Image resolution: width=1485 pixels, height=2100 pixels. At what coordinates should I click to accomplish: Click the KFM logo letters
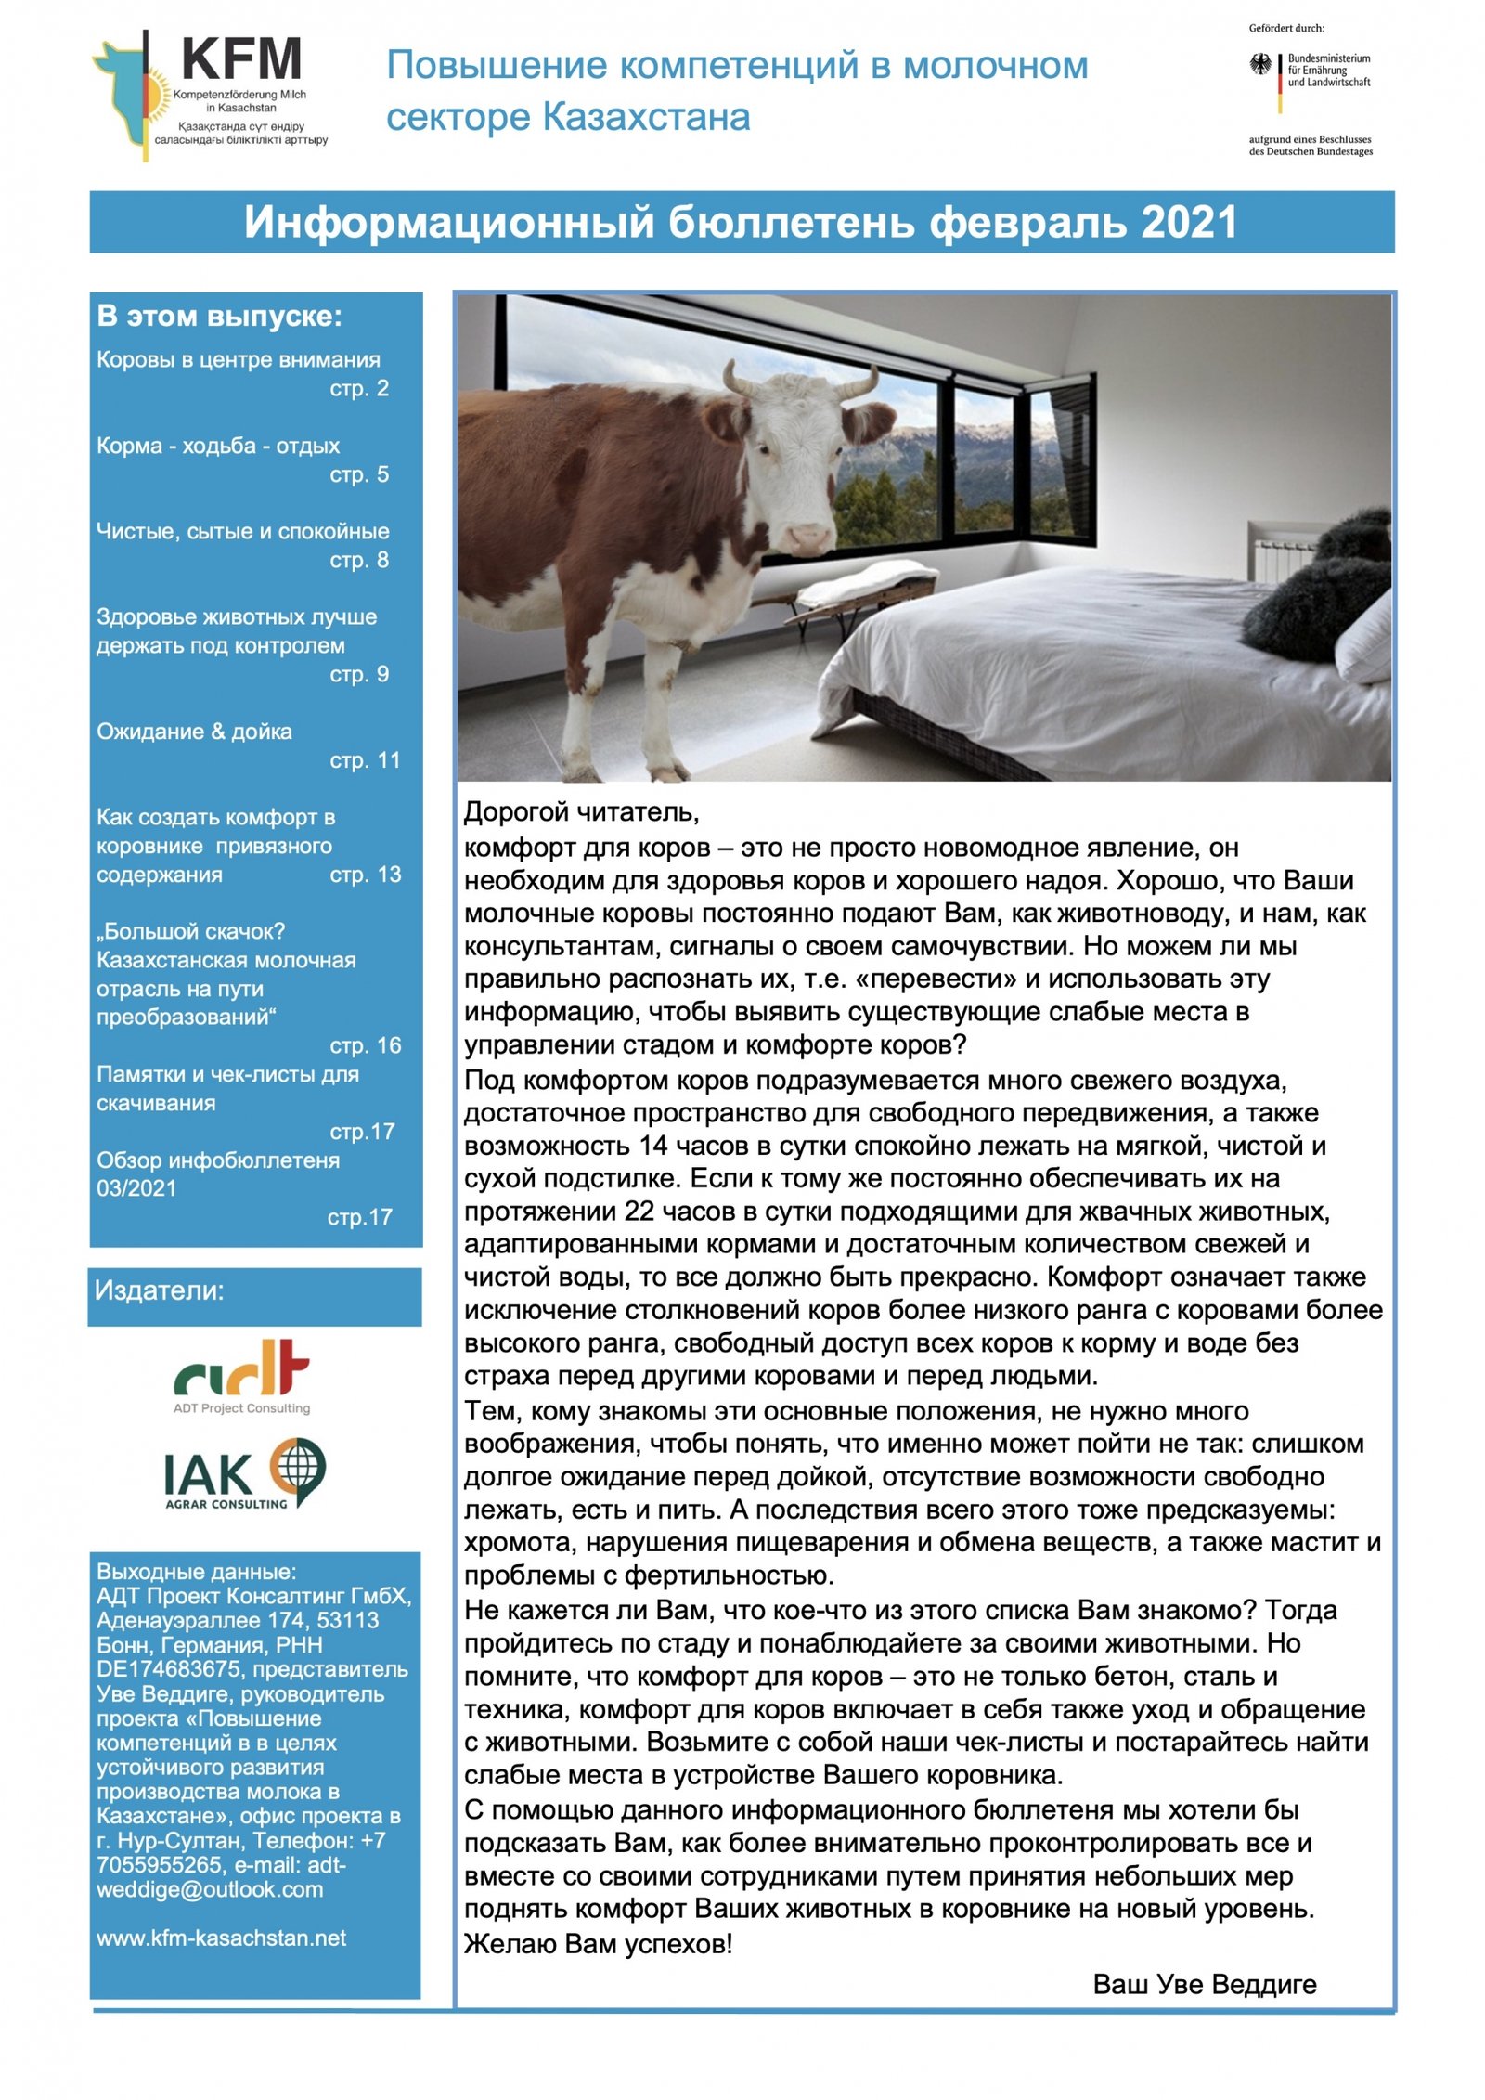[x=241, y=59]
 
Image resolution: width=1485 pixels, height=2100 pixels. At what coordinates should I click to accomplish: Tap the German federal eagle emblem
[x=1260, y=65]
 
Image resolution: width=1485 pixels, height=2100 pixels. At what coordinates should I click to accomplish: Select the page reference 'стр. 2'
[x=359, y=388]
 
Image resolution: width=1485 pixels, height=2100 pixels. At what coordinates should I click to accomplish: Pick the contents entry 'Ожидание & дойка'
[x=194, y=732]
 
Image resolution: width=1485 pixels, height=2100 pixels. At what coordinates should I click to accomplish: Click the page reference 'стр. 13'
[x=366, y=875]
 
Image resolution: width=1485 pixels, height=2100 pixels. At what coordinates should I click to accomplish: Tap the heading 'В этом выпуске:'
[x=219, y=317]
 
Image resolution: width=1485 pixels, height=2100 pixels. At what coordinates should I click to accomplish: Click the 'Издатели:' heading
[x=160, y=1290]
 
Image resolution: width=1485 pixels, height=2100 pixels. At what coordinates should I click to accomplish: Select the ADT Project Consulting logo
[x=242, y=1374]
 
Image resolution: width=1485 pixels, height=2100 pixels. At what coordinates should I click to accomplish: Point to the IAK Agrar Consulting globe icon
[x=297, y=1468]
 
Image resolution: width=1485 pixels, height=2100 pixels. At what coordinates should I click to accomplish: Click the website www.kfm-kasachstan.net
[x=221, y=1938]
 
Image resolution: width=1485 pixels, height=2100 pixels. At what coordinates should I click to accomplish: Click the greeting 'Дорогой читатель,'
[x=581, y=812]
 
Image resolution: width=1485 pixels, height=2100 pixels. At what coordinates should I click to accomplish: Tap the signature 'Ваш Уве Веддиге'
[x=1204, y=1984]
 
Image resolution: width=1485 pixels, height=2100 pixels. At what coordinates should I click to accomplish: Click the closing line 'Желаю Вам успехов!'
[x=598, y=1943]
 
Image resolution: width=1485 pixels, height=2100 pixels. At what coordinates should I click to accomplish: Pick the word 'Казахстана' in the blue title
[x=646, y=118]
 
